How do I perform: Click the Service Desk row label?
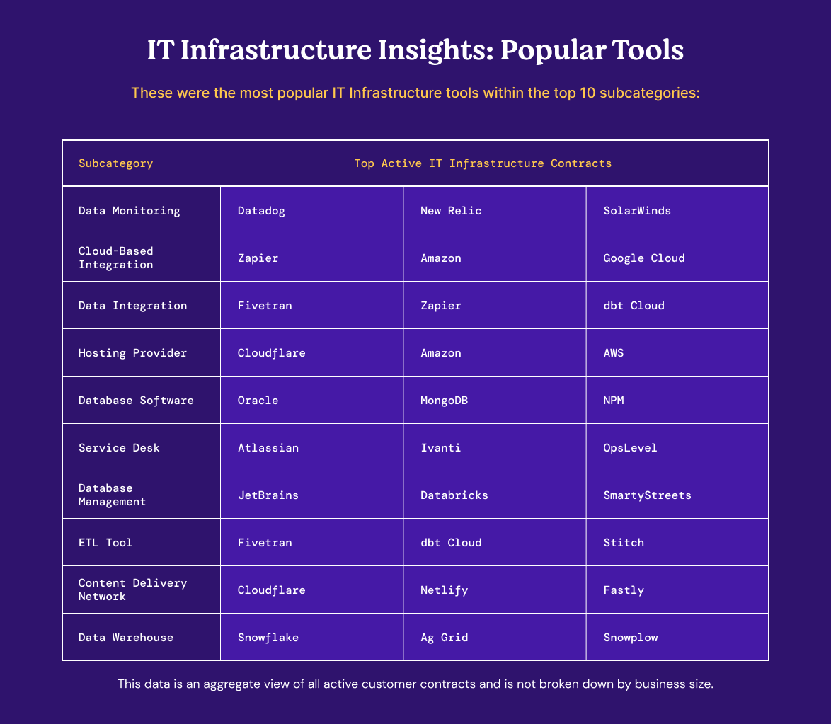[x=119, y=448]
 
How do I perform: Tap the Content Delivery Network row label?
[x=132, y=590]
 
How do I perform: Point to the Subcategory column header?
[x=115, y=163]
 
